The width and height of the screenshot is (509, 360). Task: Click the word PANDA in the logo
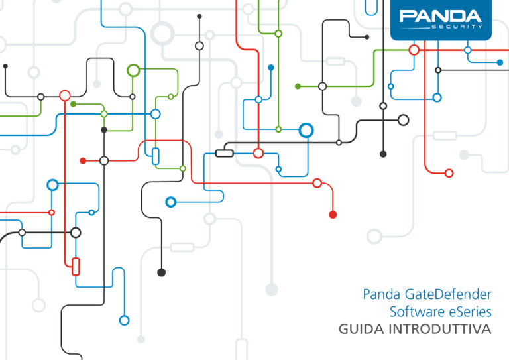click(x=440, y=16)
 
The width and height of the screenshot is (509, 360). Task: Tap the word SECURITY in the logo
click(x=457, y=27)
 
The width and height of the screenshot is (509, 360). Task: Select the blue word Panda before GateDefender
click(x=382, y=294)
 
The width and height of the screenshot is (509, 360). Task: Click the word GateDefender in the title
click(x=448, y=294)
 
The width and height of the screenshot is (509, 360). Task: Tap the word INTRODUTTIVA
click(x=440, y=329)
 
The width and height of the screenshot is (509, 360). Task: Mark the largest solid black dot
click(x=161, y=272)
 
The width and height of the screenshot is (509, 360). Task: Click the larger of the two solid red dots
click(x=333, y=215)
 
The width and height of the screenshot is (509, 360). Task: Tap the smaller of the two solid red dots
click(x=83, y=160)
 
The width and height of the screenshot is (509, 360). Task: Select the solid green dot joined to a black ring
click(x=298, y=86)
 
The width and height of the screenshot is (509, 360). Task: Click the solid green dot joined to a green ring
click(x=74, y=104)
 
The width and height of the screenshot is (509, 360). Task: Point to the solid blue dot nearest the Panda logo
click(x=500, y=62)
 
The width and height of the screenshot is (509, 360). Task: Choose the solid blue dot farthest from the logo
click(x=270, y=68)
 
